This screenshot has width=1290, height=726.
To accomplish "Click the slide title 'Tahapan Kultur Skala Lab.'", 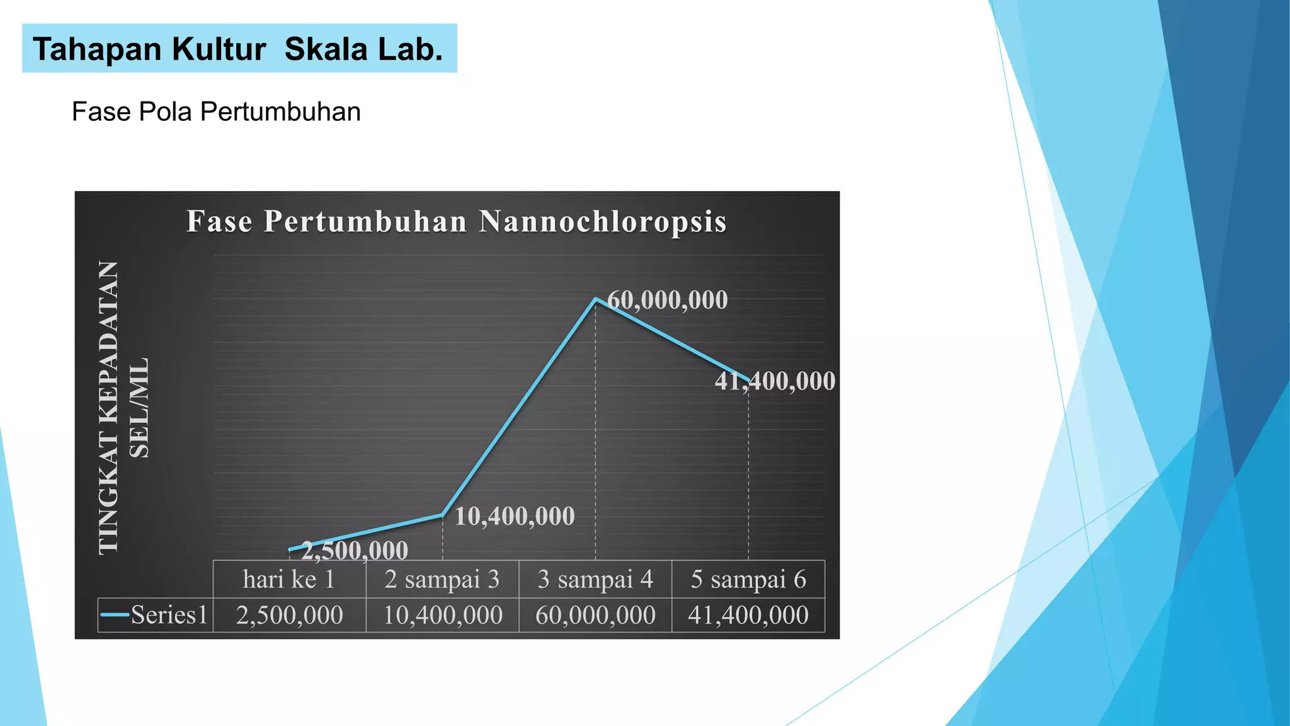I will (x=238, y=49).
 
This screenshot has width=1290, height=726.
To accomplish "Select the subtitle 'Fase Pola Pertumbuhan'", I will (x=216, y=112).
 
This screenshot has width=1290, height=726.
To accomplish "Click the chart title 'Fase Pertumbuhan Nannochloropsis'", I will (x=457, y=222).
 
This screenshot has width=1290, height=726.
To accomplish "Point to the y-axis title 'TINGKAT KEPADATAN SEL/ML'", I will (x=123, y=408).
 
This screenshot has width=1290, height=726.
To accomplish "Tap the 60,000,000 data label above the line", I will (x=668, y=300).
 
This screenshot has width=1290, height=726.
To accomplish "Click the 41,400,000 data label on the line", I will (x=775, y=381).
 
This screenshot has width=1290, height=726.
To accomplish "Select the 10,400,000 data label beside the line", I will (x=515, y=517).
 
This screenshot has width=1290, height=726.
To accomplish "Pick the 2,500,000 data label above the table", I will (x=355, y=551).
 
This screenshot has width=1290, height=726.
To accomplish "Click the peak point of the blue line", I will (x=595, y=299).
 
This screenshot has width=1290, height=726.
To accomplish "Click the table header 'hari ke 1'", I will (x=289, y=579).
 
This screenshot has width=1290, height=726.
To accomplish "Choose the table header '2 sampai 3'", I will (x=442, y=579).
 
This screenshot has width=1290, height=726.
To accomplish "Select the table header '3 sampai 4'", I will (x=595, y=579).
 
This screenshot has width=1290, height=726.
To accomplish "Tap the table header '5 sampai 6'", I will (x=748, y=579).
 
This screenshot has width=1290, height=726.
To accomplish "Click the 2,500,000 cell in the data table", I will (x=289, y=615).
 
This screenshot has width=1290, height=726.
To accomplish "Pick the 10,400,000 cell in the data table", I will (x=442, y=615).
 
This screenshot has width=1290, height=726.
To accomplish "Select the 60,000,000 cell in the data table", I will (x=595, y=615).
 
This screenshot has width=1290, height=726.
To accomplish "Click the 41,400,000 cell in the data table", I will (x=748, y=615).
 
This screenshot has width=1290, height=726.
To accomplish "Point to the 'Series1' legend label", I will (x=169, y=615).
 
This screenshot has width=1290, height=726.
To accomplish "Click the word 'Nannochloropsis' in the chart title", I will (x=603, y=222).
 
